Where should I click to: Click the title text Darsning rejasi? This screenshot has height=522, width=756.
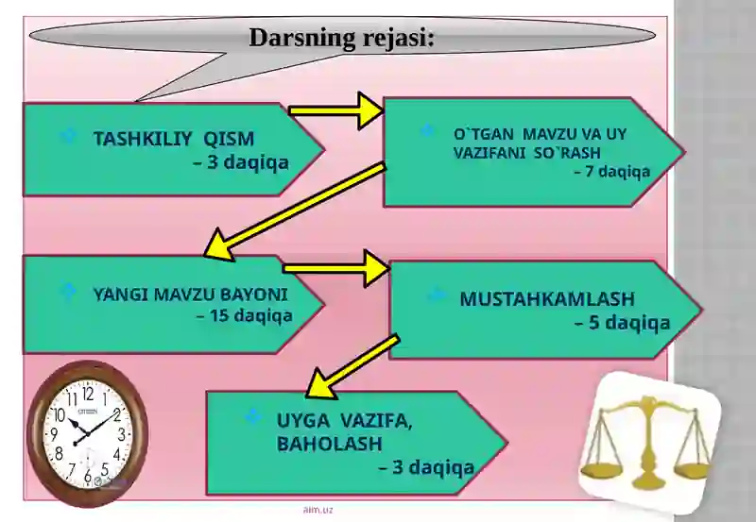tap(341, 38)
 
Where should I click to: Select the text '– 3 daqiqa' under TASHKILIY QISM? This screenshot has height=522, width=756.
tap(241, 162)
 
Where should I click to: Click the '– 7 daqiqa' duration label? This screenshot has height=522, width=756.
tap(612, 172)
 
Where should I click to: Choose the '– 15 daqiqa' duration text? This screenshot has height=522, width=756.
tap(245, 316)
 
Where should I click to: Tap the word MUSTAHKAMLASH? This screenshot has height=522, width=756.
tap(547, 299)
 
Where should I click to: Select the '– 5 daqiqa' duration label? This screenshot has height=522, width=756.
tap(623, 323)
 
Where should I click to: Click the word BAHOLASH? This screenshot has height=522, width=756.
tap(329, 444)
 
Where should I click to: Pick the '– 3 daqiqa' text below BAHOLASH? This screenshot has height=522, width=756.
tap(427, 467)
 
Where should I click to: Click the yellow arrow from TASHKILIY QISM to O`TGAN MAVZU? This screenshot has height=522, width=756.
tap(335, 110)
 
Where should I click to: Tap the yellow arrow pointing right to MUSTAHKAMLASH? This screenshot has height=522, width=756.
tap(336, 268)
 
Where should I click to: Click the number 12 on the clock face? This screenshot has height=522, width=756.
tap(88, 395)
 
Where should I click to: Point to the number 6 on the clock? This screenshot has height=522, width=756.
tap(87, 477)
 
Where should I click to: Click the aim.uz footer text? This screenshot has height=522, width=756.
tap(318, 510)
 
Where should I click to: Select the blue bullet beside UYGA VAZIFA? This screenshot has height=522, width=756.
tap(252, 416)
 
